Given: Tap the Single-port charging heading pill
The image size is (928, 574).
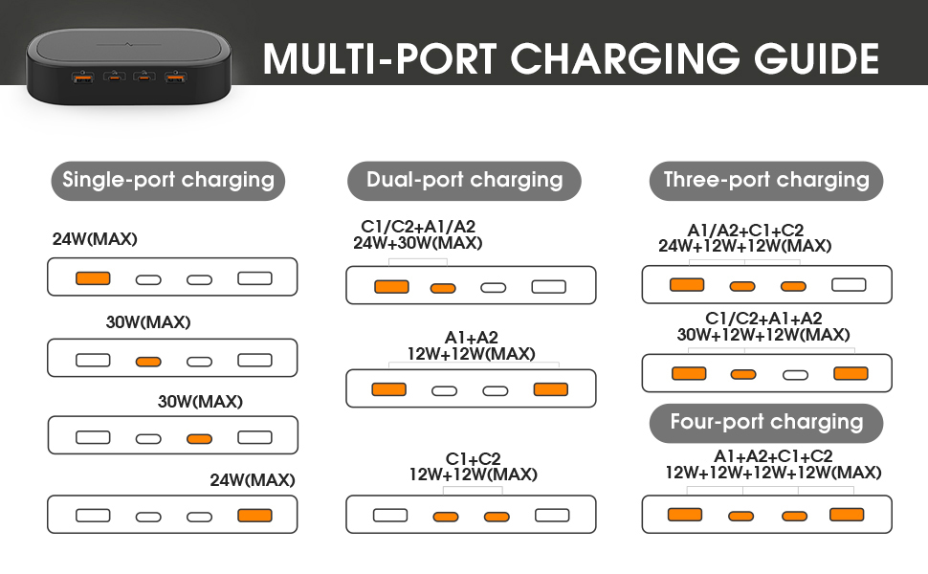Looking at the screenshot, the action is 168,181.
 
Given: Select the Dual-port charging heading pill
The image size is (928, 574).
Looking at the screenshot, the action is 464,181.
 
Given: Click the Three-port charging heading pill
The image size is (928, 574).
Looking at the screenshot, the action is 765,181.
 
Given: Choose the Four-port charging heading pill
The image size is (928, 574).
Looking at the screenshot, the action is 765,423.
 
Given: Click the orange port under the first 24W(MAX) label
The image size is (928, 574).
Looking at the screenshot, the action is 93,278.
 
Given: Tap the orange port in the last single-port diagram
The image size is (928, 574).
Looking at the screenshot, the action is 255,516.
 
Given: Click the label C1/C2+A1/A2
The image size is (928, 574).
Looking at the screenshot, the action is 418,227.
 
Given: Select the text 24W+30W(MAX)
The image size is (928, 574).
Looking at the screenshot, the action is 418,243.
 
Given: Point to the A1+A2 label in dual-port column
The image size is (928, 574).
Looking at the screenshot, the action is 471,338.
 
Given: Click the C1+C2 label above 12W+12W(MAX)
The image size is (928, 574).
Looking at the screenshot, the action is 473,458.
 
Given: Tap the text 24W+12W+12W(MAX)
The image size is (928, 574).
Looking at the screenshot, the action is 744,246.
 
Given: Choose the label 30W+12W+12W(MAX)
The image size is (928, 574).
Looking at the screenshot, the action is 763,335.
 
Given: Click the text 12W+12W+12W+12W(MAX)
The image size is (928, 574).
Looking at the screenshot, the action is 773,473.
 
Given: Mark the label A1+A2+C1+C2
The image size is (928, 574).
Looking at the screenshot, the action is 773,456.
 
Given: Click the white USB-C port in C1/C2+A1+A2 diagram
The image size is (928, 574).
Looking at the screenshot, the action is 795,375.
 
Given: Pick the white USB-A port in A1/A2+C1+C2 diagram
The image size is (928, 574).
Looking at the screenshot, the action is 849,285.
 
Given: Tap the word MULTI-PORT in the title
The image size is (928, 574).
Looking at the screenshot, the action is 380,58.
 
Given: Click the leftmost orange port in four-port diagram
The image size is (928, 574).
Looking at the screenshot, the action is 685,515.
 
